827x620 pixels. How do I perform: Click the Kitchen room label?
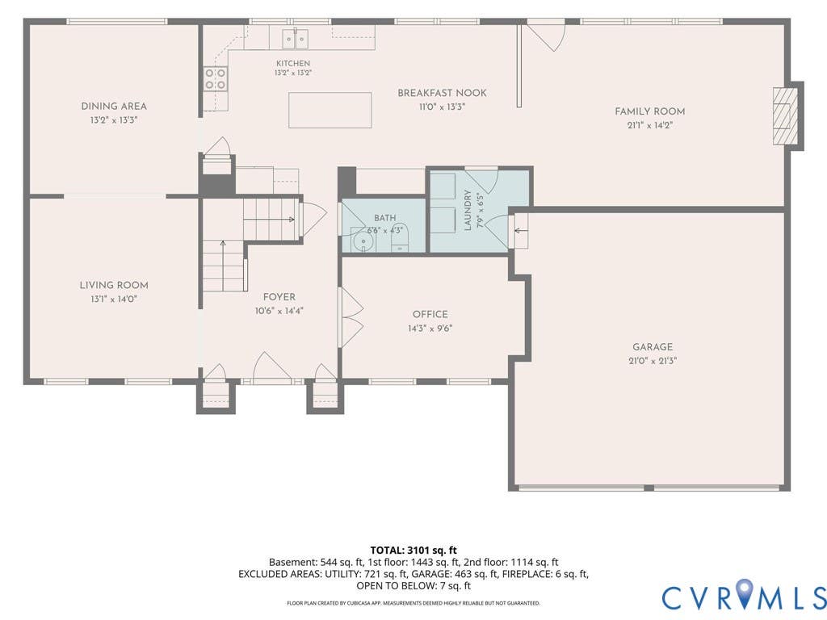point(293,63)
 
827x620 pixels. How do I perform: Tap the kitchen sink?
point(295,39)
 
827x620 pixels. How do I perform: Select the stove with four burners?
point(216,79)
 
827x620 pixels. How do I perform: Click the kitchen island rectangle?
point(330,110)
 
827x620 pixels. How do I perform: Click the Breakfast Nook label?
point(442,94)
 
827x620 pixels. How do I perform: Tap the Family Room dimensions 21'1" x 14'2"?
point(650,125)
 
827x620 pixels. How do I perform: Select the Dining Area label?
point(114,106)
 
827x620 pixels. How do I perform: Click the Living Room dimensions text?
point(114,300)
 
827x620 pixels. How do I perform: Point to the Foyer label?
point(279,297)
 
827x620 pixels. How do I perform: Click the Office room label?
point(430,314)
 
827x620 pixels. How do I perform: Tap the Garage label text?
point(653,347)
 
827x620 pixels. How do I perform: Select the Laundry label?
point(468,210)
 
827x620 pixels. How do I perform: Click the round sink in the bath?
point(363,243)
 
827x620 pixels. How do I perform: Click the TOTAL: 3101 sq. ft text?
point(413,551)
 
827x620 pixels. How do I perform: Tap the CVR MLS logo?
point(744,597)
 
